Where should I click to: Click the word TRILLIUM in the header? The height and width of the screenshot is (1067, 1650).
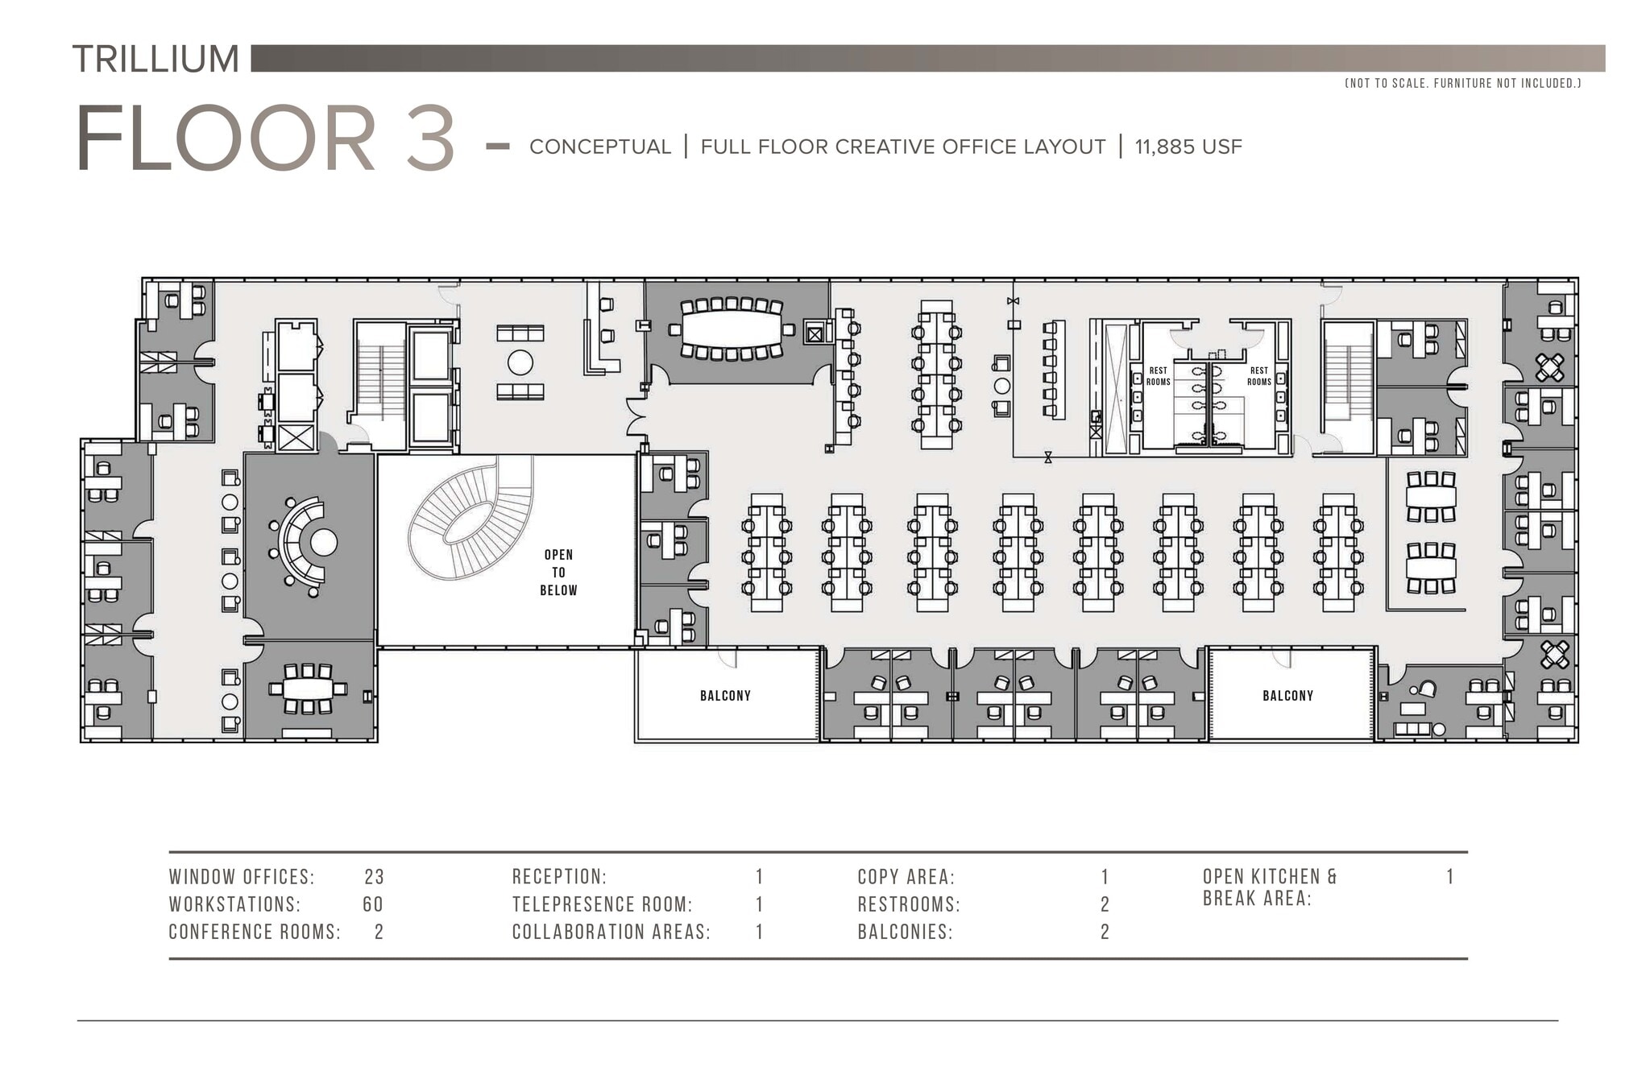[x=155, y=59]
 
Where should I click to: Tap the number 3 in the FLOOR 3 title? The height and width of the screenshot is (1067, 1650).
[x=430, y=139]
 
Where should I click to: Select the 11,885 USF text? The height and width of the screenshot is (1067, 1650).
[x=1188, y=147]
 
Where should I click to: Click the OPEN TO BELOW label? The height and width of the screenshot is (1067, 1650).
[x=558, y=573]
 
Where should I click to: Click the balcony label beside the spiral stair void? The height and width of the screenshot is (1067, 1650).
[x=725, y=696]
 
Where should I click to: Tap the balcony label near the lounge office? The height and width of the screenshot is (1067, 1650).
[x=1287, y=696]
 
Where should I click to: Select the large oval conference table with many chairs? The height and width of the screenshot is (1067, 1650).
[x=731, y=329]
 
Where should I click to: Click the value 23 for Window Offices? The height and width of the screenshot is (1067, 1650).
[x=374, y=877]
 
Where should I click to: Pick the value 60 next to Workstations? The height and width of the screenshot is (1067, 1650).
[x=372, y=904]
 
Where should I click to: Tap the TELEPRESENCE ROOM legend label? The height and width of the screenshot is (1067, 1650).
[x=602, y=904]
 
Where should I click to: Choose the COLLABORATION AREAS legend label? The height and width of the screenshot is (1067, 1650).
[x=611, y=932]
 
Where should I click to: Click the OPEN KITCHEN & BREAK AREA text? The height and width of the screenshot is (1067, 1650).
[x=1269, y=887]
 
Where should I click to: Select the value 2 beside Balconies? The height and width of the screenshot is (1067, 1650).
[x=1105, y=932]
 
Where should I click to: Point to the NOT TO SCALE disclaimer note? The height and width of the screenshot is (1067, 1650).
[x=1462, y=83]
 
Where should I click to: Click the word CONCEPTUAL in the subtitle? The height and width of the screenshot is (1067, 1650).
[x=599, y=147]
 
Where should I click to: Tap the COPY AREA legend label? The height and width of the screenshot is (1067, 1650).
[x=906, y=877]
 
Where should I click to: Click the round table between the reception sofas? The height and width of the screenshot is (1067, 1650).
[x=520, y=362]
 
